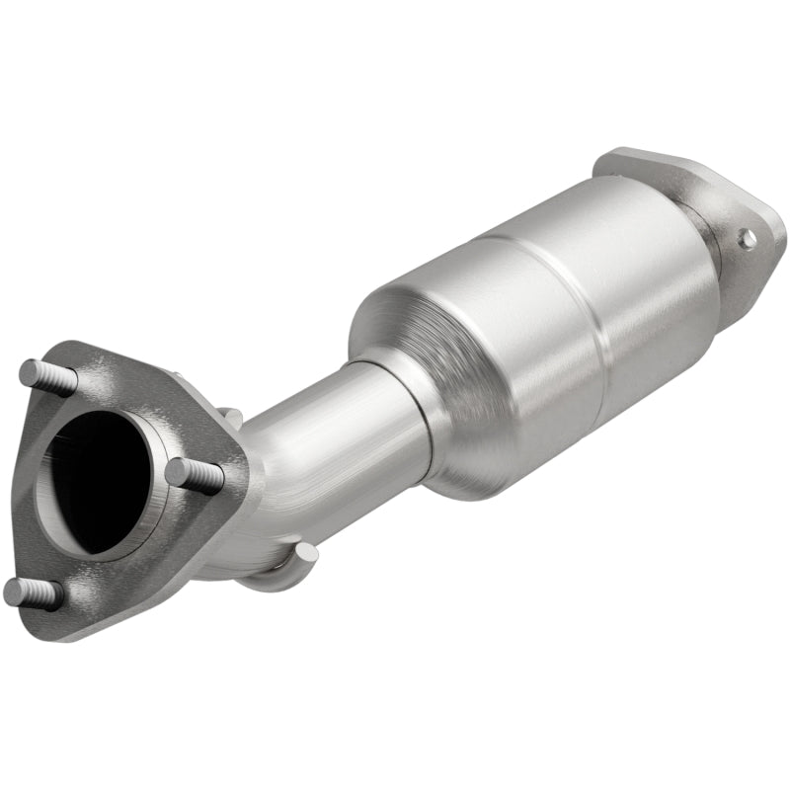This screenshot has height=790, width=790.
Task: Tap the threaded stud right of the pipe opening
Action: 195,475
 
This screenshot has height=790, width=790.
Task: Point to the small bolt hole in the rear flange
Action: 748,237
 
